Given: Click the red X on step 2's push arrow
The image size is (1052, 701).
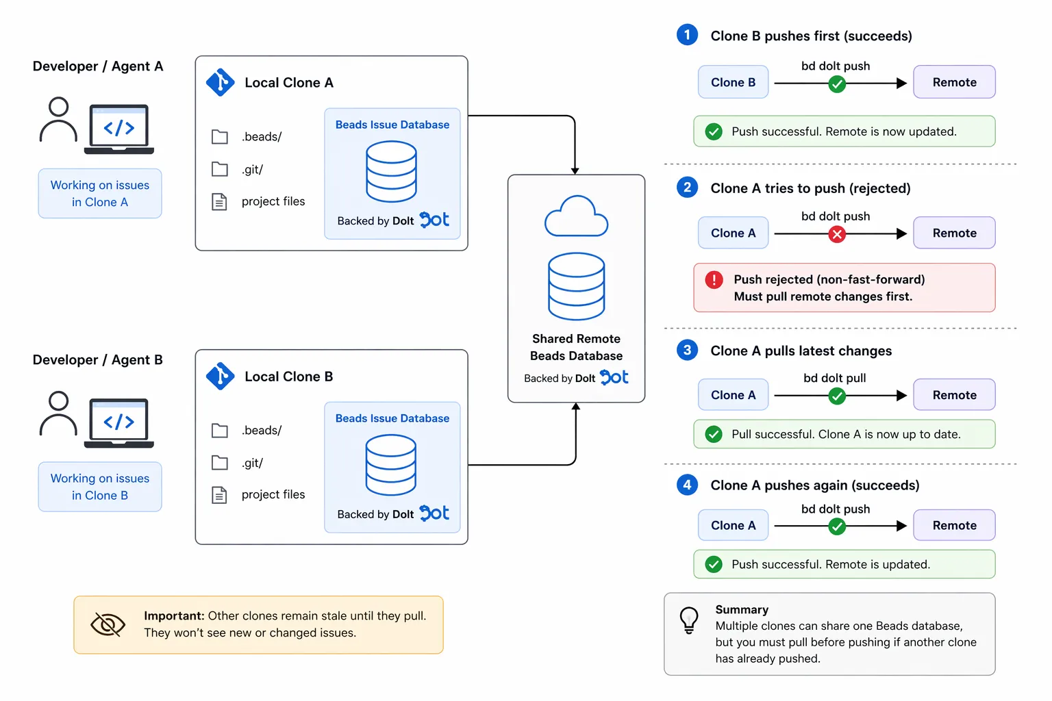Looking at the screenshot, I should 836,234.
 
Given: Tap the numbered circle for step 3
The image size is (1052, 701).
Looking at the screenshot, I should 687,350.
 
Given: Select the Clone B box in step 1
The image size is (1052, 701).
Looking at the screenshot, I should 733,82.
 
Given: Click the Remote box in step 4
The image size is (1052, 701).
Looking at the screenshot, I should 954,525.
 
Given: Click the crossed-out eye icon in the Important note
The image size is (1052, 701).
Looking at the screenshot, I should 108,624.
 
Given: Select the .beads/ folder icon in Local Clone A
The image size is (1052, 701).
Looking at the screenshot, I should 220,137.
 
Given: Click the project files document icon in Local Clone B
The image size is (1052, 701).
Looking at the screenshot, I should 219,495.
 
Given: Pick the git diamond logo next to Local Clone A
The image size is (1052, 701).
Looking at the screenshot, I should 221,83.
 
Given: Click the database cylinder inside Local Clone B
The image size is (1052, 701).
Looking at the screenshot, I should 391,466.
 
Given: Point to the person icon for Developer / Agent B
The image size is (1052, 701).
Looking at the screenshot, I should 59,413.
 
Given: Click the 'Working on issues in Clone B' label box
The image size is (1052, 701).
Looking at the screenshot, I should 100,487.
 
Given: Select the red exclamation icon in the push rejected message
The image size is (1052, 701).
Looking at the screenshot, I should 714,279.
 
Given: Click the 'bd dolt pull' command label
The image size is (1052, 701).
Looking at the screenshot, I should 834,378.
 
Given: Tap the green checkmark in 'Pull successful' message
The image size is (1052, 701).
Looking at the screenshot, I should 714,434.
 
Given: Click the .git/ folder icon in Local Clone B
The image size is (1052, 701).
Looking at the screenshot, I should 220,463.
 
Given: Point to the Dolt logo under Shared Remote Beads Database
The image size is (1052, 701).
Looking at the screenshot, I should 614,377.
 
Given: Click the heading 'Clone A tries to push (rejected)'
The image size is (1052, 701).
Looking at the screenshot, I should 810,188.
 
